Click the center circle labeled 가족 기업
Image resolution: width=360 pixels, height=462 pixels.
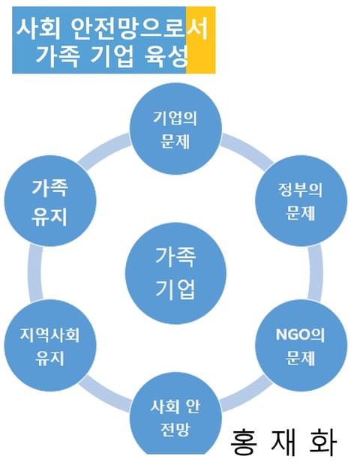[x=176, y=273]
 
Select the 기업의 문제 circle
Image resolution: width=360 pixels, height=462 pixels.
[x=176, y=128]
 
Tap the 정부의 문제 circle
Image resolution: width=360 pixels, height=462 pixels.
[x=301, y=201]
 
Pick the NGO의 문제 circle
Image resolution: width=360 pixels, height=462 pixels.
[x=301, y=346]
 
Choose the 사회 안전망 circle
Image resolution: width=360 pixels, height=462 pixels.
[x=176, y=415]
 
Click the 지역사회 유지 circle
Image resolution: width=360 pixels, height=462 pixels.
[x=50, y=346]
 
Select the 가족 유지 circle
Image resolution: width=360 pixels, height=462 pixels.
[x=50, y=201]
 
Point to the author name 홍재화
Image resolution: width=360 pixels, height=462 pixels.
[x=283, y=442]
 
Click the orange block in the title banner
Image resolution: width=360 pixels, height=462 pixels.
[x=201, y=40]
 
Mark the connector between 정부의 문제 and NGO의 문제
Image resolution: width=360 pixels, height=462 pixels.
[x=315, y=273]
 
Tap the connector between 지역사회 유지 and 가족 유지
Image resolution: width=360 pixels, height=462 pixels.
[x=36, y=273]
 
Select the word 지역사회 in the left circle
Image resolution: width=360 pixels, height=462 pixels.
[x=50, y=334]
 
